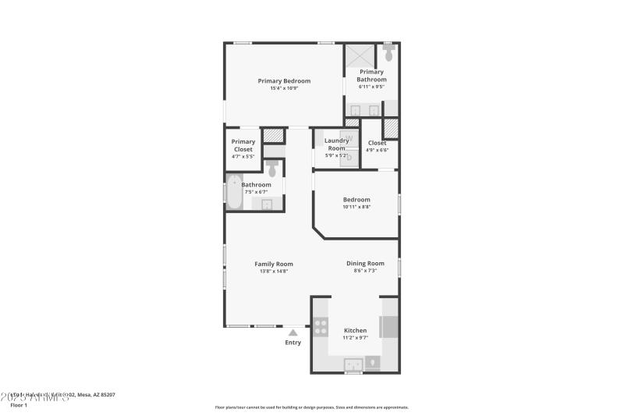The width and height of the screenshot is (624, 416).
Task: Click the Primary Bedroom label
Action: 285,81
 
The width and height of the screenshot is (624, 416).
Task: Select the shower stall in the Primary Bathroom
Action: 360,56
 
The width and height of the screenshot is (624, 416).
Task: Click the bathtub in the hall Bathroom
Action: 234,192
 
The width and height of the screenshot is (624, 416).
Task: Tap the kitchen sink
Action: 353,363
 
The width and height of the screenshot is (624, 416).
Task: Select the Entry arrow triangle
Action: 293,332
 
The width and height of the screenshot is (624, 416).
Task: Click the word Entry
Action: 293,343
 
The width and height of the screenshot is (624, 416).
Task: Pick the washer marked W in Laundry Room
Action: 348,138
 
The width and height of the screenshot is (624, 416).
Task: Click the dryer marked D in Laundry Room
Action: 348,157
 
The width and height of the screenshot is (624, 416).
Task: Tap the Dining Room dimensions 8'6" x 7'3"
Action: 365,271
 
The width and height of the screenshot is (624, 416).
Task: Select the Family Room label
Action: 274,264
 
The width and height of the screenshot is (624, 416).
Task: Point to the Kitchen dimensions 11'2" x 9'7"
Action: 355,337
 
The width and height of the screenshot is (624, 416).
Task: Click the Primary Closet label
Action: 243,145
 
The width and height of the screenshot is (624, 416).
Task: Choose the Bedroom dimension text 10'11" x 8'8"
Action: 356,207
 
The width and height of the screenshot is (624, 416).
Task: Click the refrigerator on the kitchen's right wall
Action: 388,326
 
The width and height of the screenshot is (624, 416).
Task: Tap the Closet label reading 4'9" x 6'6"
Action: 377,146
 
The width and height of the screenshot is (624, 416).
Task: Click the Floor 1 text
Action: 18,405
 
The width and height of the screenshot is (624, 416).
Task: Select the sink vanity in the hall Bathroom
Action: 267,204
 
